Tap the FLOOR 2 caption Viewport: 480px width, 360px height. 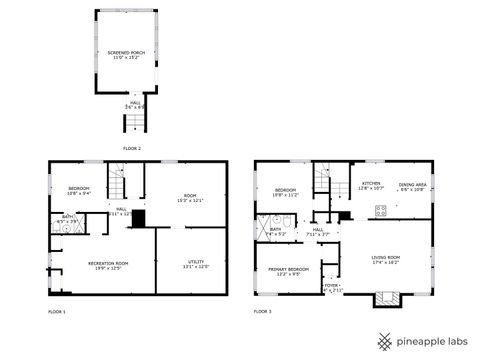click(x=132, y=148)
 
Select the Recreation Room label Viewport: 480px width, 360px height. click(x=101, y=264)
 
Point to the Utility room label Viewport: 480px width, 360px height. click(x=195, y=264)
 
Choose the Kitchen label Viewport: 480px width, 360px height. click(x=371, y=185)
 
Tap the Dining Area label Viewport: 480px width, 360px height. click(x=413, y=186)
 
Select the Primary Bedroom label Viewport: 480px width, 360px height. click(x=287, y=270)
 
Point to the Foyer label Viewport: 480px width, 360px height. click(x=330, y=286)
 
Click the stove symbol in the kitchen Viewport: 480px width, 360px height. click(x=380, y=210)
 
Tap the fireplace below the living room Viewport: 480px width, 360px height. click(x=385, y=298)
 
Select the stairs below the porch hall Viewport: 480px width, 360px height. click(x=130, y=123)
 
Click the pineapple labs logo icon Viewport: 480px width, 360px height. click(x=382, y=340)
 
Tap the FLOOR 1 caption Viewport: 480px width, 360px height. click(x=57, y=312)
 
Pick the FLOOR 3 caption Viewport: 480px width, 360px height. click(x=263, y=312)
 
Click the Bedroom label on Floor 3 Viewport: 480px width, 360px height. click(x=285, y=190)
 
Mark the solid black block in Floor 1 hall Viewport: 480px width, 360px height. click(x=139, y=219)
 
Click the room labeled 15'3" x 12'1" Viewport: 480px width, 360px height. click(x=190, y=198)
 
